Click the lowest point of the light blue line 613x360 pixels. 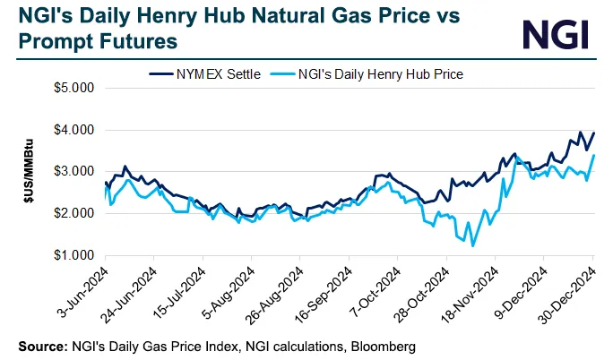[472, 244]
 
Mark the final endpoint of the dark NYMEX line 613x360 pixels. [593, 133]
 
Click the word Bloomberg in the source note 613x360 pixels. [385, 345]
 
